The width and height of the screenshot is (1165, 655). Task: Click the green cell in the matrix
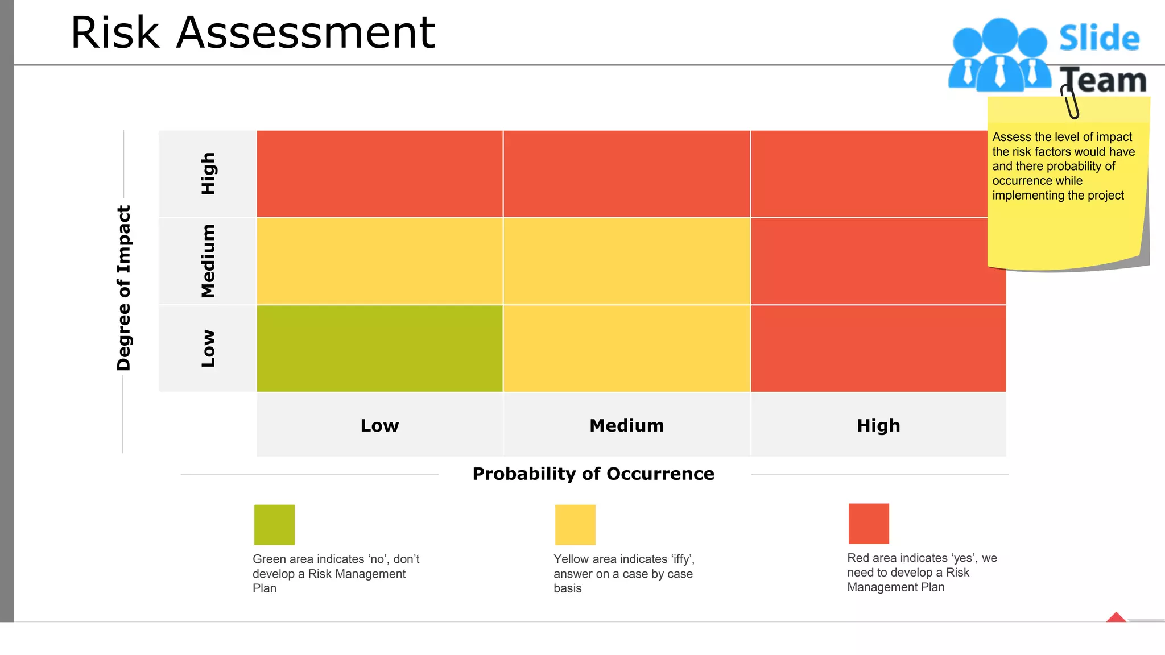[x=379, y=348]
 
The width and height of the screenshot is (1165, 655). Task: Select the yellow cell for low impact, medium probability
[x=626, y=348]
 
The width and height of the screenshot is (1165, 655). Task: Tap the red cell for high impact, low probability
[x=379, y=173]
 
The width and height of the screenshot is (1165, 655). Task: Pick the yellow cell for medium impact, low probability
[x=379, y=261]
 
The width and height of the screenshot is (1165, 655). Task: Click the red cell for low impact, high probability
[x=878, y=348]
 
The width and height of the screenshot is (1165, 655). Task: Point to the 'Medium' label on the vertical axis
[x=208, y=261]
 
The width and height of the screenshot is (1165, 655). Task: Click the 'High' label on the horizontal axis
[x=878, y=425]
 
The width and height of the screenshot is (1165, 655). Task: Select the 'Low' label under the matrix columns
[x=379, y=425]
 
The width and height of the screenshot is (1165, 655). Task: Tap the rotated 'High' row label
[x=208, y=173]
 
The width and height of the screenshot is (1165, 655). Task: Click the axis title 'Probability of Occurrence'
[x=593, y=474]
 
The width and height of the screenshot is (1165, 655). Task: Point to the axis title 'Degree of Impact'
[x=124, y=288]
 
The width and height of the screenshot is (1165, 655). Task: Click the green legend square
[x=274, y=524]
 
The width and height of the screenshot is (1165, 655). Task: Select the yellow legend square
[x=575, y=524]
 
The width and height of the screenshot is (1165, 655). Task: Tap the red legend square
[x=868, y=523]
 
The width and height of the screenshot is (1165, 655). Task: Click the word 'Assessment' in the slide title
[x=305, y=33]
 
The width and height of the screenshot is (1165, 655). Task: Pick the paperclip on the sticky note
[x=1069, y=101]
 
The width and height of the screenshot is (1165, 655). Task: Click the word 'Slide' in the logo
[x=1099, y=38]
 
